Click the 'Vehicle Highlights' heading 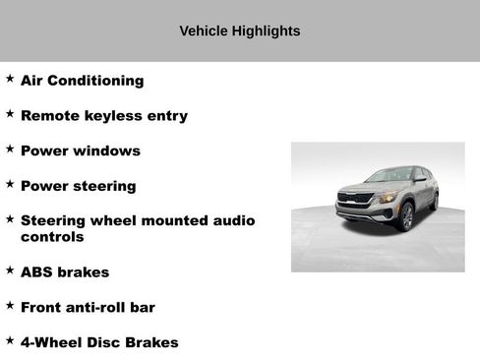point(239,30)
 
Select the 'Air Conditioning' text point(82,81)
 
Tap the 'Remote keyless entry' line point(103,115)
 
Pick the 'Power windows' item point(80,150)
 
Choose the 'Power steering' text point(78,185)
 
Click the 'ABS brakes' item point(64,271)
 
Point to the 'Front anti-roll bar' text point(88,307)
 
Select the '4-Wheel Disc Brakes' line point(99,342)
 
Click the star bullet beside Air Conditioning point(10,78)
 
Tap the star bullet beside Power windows point(10,148)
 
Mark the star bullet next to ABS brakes point(10,269)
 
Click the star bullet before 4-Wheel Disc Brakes point(10,339)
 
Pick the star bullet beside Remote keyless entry point(10,112)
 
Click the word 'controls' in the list point(52,237)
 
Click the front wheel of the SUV point(406,215)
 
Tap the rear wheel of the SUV point(434,201)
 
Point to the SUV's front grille point(353,199)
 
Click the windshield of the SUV point(390,175)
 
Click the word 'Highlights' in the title point(266,30)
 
